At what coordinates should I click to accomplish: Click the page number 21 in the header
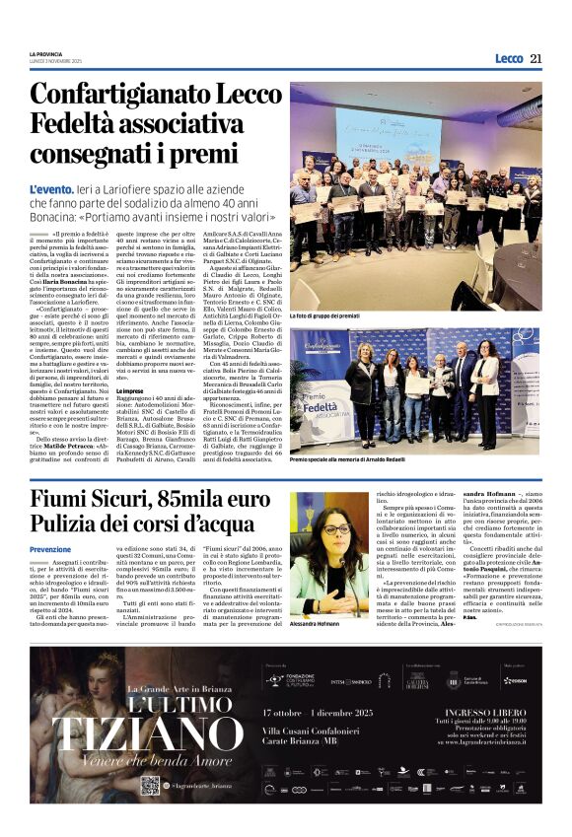(x=536, y=58)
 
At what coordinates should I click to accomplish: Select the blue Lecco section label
(x=508, y=58)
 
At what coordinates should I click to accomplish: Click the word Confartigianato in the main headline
(x=116, y=96)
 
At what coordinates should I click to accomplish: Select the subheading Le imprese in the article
(x=132, y=390)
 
